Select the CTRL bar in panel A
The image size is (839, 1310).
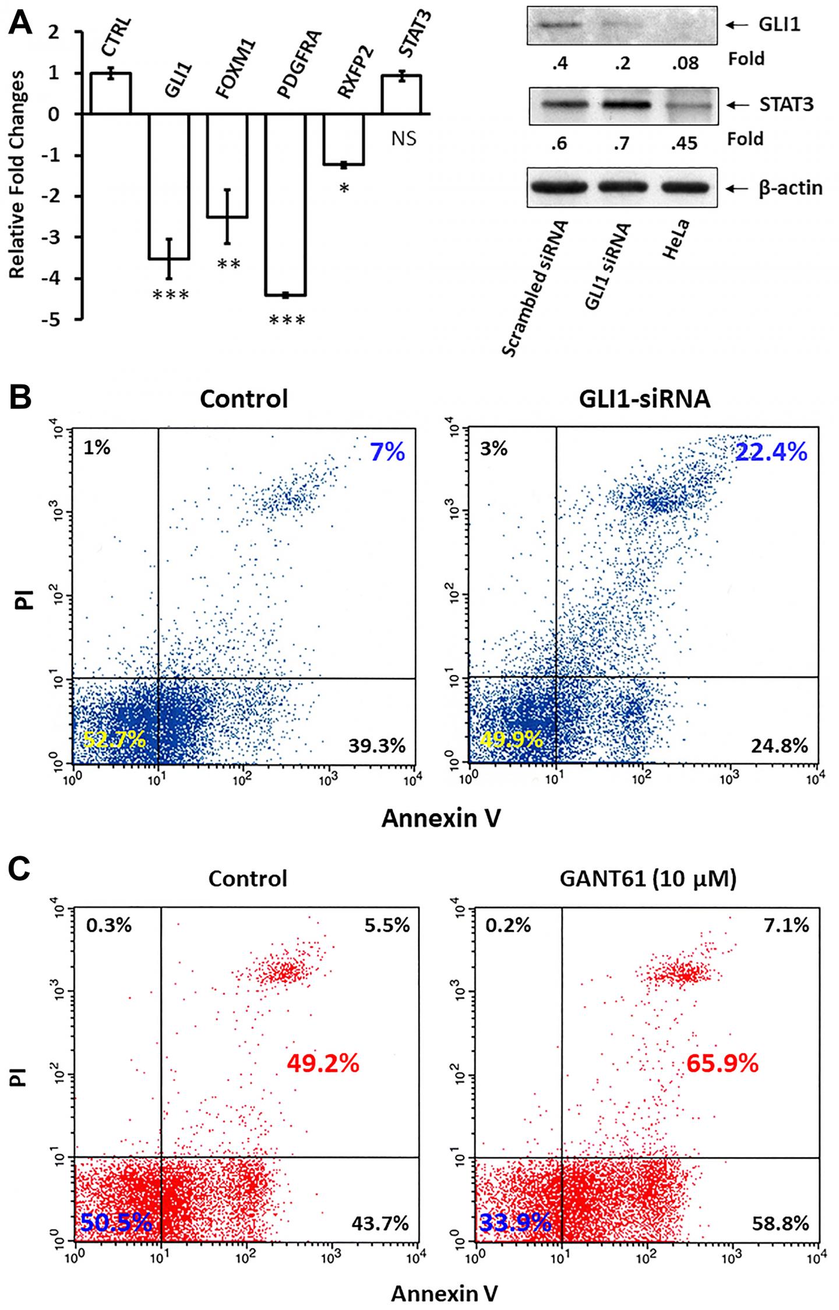click(110, 93)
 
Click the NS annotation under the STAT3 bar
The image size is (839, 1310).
click(403, 139)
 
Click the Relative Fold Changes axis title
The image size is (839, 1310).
click(17, 175)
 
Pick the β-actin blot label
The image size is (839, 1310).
click(790, 188)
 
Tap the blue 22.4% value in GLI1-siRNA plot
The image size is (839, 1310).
click(771, 451)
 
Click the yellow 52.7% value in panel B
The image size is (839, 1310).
click(114, 740)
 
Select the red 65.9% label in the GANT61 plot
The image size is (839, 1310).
click(722, 1064)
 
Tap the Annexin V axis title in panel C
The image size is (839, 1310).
click(444, 1292)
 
